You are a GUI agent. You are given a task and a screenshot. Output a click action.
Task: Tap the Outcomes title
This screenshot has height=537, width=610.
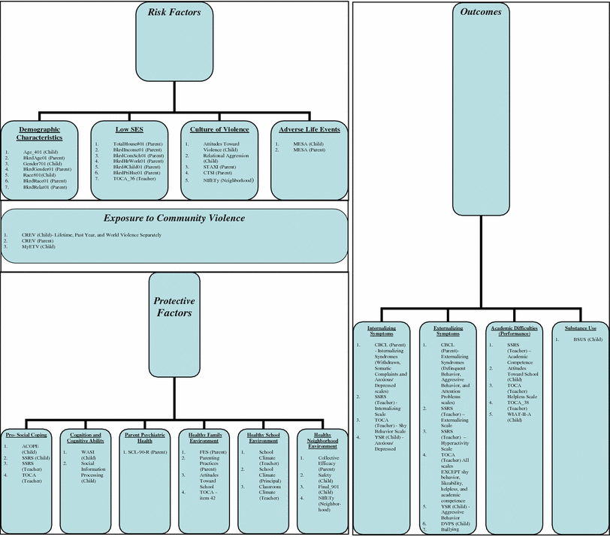[x=482, y=13]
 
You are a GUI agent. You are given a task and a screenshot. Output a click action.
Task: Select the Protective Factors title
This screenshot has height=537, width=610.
[x=174, y=306]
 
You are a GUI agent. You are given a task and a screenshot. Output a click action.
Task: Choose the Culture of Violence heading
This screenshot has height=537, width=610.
[x=219, y=129]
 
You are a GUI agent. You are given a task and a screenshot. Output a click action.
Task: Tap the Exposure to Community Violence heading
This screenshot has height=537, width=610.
[x=174, y=219]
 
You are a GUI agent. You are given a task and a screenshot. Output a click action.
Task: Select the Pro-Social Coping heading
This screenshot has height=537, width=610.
[x=27, y=435]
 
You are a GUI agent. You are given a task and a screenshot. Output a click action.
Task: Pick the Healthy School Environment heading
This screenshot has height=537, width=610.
[x=262, y=438]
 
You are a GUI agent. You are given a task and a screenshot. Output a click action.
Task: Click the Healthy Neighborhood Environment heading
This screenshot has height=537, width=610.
[x=322, y=440]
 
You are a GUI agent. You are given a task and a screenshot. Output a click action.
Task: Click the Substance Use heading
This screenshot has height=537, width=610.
[x=581, y=327]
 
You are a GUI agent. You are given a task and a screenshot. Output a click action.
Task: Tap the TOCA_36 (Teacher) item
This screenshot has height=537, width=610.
[x=136, y=179]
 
